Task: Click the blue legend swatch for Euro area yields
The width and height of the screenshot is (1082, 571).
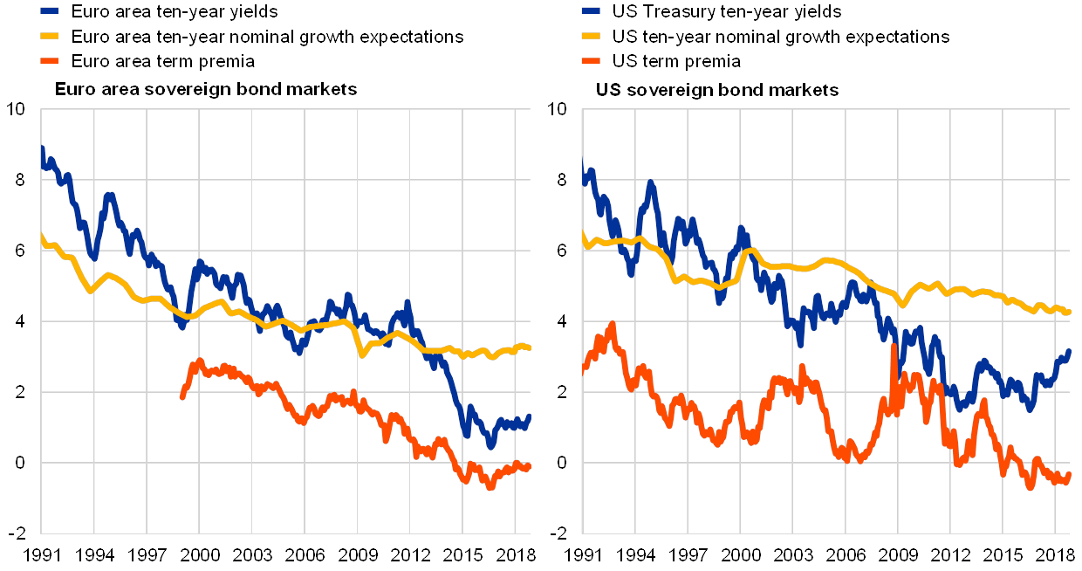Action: click(50, 12)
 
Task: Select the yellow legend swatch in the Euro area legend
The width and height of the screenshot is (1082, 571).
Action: click(50, 37)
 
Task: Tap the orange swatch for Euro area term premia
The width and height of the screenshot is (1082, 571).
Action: click(50, 61)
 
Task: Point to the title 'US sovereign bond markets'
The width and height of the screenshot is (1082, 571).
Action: click(717, 90)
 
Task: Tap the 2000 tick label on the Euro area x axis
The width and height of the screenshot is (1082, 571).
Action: click(201, 556)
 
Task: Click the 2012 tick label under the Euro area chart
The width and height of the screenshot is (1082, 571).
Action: click(411, 556)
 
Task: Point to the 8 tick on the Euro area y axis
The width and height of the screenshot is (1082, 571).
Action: click(19, 180)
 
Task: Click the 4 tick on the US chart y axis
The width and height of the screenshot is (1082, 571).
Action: click(561, 321)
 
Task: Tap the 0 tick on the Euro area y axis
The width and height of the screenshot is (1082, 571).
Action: click(19, 463)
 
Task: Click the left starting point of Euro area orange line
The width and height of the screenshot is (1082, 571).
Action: click(181, 397)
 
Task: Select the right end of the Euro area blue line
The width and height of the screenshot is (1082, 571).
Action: click(529, 416)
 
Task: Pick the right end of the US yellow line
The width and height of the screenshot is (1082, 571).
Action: click(1069, 312)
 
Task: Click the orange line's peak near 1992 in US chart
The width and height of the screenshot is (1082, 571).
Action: click(612, 325)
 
